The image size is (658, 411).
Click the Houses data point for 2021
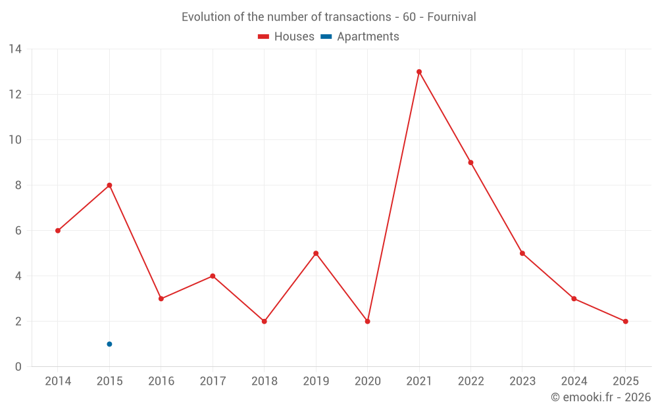click(419, 72)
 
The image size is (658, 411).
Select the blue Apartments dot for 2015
click(109, 344)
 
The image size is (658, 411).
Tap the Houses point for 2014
click(58, 231)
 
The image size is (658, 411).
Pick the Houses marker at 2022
click(470, 162)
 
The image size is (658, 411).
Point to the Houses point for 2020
click(367, 322)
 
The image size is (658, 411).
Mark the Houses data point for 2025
click(625, 322)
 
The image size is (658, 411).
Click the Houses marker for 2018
click(264, 322)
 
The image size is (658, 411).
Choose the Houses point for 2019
click(316, 253)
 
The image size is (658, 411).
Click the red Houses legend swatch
click(263, 37)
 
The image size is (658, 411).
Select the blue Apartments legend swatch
click(326, 37)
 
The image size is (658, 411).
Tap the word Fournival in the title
click(451, 17)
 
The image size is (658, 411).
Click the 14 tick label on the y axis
click(15, 49)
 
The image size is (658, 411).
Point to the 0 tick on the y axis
click(18, 367)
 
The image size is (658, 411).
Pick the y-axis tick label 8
click(18, 185)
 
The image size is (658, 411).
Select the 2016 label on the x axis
click(161, 381)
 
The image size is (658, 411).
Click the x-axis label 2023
click(522, 381)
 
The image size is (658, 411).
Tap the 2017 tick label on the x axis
click(213, 381)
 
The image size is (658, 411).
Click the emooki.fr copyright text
click(600, 397)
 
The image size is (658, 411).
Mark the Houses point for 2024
click(574, 299)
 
